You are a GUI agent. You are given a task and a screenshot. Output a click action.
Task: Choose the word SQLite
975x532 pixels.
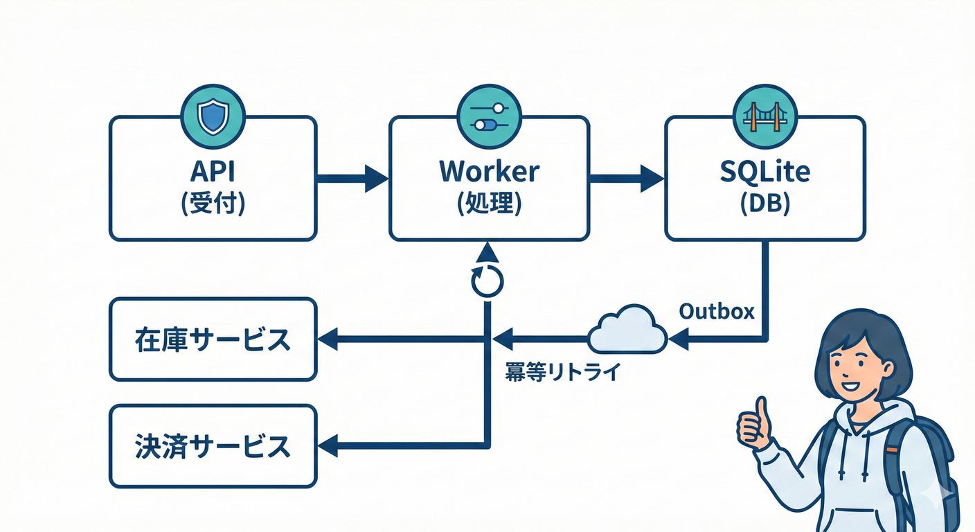(764, 171)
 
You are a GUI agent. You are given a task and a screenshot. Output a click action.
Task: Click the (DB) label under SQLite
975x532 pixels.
(764, 204)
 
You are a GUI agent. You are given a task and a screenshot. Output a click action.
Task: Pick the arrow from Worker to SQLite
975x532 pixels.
(626, 178)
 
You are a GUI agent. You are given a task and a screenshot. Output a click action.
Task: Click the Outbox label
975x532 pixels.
(717, 311)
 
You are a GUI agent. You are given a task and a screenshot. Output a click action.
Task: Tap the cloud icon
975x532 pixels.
(627, 330)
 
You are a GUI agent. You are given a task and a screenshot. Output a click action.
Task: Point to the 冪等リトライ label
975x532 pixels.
(562, 373)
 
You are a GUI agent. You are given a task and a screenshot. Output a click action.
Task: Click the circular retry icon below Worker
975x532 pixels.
(486, 280)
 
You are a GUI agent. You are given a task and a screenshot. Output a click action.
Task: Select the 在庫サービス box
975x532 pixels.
(213, 339)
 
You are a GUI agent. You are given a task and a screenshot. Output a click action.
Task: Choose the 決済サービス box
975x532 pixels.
(213, 446)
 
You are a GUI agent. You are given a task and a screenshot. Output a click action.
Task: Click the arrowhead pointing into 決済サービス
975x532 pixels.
(327, 446)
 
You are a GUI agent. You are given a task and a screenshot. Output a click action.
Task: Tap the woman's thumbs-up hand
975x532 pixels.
(753, 423)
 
